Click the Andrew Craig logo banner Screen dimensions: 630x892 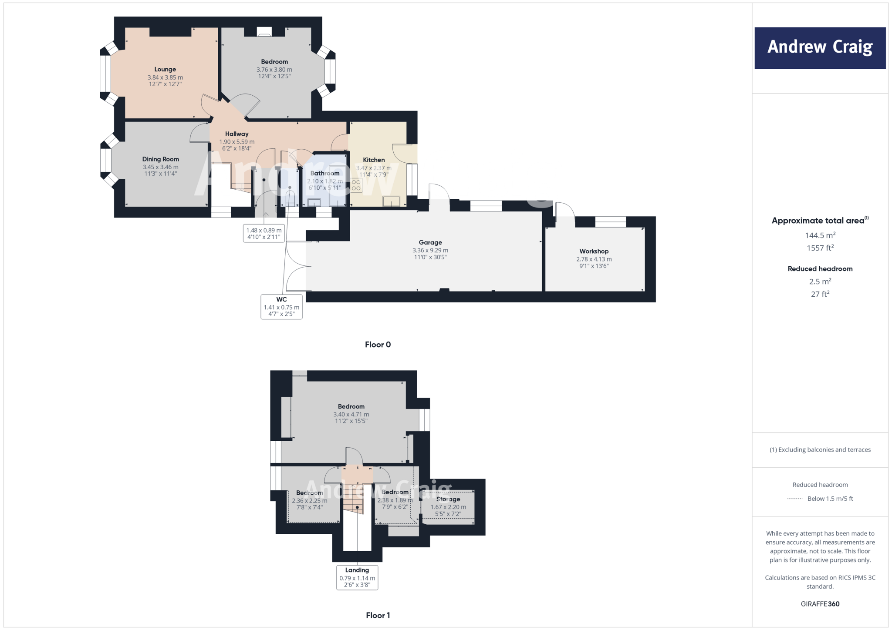click(820, 48)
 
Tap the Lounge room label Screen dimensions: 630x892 click(165, 69)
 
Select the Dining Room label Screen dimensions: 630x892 click(160, 159)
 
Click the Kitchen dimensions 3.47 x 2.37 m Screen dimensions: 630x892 click(374, 168)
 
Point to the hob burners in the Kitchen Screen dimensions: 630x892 click(356, 185)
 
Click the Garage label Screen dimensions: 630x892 click(430, 242)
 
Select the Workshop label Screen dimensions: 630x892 click(594, 251)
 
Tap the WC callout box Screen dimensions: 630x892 click(281, 307)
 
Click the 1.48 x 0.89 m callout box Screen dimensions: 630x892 click(264, 234)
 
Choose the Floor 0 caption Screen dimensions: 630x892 click(378, 345)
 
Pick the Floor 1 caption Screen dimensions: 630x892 click(378, 615)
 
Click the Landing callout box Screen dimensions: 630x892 click(357, 577)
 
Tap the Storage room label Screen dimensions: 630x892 click(448, 499)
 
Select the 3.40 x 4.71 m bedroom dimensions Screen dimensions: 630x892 click(351, 415)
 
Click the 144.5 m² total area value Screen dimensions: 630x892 click(820, 235)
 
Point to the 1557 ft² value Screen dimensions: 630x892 click(820, 248)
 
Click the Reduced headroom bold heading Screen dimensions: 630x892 click(820, 269)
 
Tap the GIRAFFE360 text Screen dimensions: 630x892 click(820, 604)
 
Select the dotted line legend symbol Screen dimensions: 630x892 click(795, 499)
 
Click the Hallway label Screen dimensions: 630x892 click(237, 134)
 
